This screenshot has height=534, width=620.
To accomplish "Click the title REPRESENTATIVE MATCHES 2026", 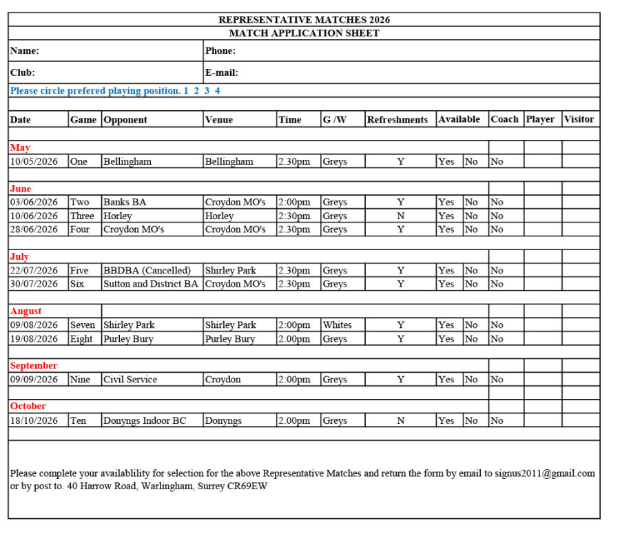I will tap(304, 20).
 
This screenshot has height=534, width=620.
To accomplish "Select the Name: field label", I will tap(25, 51).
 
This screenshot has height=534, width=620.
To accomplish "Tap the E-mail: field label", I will tap(222, 73).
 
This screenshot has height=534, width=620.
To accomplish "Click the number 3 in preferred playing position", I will tap(207, 91).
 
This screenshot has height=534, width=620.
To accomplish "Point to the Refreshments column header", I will tap(397, 120).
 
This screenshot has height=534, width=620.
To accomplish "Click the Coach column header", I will tap(505, 119).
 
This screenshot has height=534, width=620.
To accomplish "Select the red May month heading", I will tap(20, 147).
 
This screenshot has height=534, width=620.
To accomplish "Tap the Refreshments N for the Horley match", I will tap(400, 216).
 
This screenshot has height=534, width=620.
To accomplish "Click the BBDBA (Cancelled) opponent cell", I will tap(147, 271).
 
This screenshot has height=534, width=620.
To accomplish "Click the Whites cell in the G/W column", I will tap(337, 325).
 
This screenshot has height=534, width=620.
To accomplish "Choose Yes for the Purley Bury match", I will tap(446, 339).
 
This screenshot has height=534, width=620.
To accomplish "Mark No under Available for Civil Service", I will tap(471, 380).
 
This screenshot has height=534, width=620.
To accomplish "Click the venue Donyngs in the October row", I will tap(223, 420).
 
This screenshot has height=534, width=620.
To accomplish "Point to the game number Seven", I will tap(83, 325).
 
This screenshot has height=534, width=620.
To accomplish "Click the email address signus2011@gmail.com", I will tap(544, 473).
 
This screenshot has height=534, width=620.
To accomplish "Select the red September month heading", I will tap(34, 366).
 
